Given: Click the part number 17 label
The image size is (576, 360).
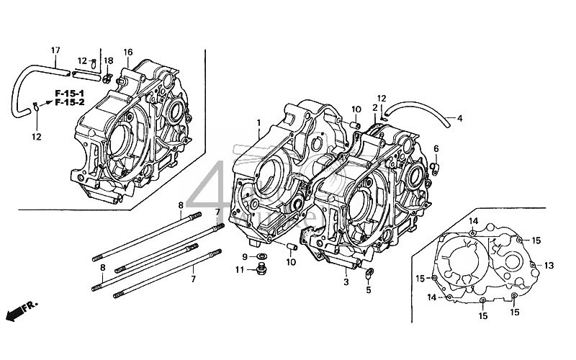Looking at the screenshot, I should pyautogui.click(x=55, y=50).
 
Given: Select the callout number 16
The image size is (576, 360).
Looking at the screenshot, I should pyautogui.click(x=128, y=52).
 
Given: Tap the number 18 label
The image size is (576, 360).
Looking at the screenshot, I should pyautogui.click(x=109, y=60).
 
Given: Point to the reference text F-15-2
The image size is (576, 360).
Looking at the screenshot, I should pyautogui.click(x=70, y=103).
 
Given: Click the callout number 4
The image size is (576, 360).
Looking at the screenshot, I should pyautogui.click(x=459, y=118).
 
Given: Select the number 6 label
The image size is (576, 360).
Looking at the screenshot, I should pyautogui.click(x=436, y=148).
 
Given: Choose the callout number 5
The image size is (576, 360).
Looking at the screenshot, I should pyautogui.click(x=368, y=290).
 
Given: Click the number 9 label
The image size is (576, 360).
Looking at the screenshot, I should pyautogui.click(x=245, y=256).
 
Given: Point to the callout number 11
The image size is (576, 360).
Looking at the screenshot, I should pyautogui.click(x=241, y=270).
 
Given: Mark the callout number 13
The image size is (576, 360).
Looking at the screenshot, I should pyautogui.click(x=549, y=265).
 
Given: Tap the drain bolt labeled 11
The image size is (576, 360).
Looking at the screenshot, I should pyautogui.click(x=261, y=271).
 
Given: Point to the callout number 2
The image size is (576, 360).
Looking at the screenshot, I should pyautogui.click(x=374, y=107).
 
